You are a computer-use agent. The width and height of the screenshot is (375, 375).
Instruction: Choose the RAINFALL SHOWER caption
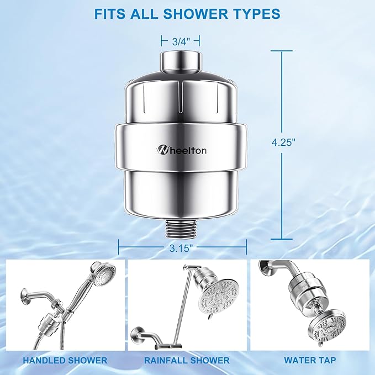point(188,360)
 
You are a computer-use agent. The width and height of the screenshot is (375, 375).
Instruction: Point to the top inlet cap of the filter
point(180,60)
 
